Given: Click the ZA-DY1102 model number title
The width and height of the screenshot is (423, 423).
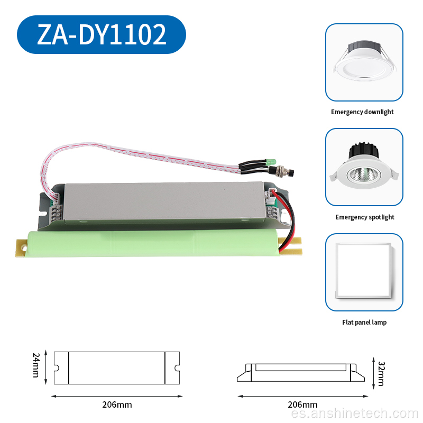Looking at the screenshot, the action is click(102, 34).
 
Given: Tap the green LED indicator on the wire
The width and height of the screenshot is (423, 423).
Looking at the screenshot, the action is click(271, 162).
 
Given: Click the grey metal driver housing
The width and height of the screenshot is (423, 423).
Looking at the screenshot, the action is click(164, 203).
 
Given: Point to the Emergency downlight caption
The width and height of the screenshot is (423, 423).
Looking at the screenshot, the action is click(362, 112).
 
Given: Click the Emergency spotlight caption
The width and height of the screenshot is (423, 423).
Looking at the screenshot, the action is click(365, 217).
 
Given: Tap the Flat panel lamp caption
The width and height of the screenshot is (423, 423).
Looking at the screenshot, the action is click(364, 323).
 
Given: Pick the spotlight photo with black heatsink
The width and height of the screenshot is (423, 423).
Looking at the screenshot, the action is click(364, 166).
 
